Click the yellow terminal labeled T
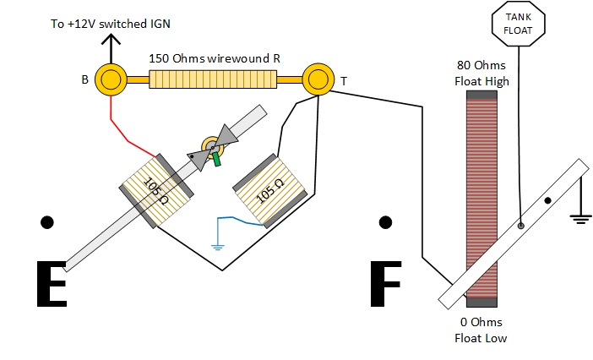(318, 79)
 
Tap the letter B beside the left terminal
(84, 80)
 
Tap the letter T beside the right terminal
(344, 81)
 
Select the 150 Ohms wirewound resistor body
(214, 79)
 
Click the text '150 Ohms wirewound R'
(214, 58)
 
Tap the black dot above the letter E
(47, 222)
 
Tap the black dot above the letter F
(386, 222)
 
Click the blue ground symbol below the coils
(218, 246)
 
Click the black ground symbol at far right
(580, 218)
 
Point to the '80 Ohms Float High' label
(481, 74)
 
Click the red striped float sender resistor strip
(482, 169)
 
